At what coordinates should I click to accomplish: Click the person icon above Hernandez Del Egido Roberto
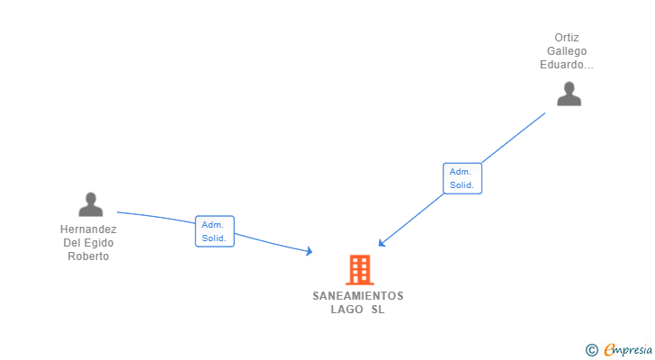[91, 204]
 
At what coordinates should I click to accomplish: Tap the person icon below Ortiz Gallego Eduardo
[569, 94]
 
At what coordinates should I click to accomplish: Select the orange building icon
[360, 270]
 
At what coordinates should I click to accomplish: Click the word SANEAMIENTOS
[358, 296]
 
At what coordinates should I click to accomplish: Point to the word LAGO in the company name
[346, 310]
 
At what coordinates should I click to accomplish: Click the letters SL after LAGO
[378, 310]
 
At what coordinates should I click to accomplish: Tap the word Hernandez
[88, 229]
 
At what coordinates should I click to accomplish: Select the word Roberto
[88, 256]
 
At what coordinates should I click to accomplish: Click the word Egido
[99, 243]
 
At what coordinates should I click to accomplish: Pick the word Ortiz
[567, 38]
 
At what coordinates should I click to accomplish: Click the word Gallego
[567, 51]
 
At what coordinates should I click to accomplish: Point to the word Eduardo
[563, 65]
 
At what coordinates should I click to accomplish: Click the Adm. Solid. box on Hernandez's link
[215, 231]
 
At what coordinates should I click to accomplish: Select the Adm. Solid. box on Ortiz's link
[462, 178]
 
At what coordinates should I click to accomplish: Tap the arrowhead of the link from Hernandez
[310, 251]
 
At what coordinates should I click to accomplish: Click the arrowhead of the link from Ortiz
[381, 243]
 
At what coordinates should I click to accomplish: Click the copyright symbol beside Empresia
[591, 350]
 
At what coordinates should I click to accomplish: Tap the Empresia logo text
[628, 350]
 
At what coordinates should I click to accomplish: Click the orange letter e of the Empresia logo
[610, 350]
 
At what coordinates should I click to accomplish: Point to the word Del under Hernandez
[70, 243]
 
